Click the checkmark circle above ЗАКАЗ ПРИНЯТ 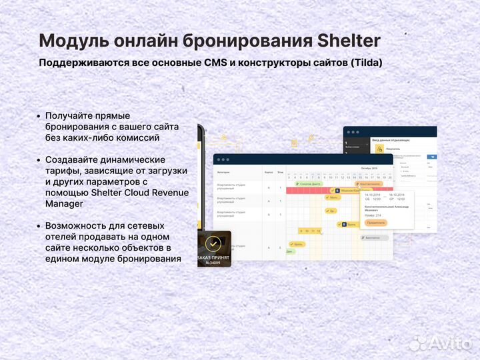[x=213, y=243]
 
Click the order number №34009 [x=213, y=263]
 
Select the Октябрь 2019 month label [x=369, y=169]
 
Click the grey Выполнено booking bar [x=373, y=237]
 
